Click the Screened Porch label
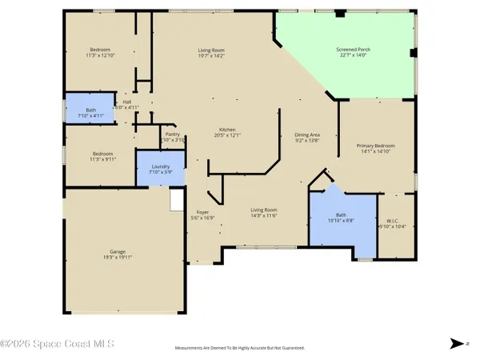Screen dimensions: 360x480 352,50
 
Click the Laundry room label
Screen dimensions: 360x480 161,167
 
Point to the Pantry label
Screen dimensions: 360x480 173,134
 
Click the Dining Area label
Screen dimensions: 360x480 307,135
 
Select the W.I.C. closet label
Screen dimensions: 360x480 391,222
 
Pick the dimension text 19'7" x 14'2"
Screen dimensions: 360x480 212,56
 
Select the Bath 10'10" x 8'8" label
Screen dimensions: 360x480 341,218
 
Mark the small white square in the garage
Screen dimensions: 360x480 177,201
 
